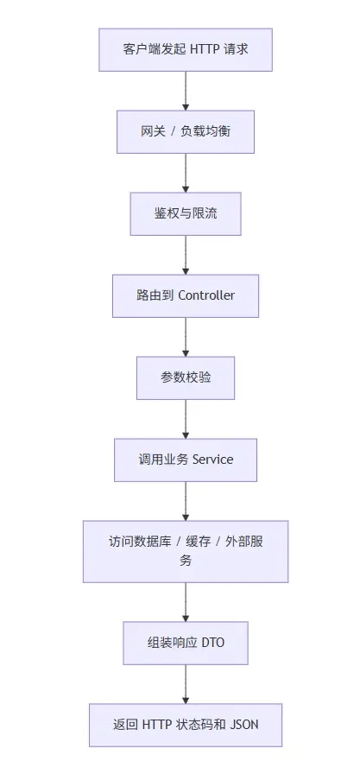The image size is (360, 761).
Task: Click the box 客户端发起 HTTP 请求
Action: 186,49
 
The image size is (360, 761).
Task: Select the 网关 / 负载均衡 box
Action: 186,131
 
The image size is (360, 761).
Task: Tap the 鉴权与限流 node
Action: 186,213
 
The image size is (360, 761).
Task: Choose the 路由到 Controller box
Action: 186,295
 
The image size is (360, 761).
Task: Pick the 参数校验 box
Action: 186,377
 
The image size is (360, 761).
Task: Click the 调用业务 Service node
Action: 186,460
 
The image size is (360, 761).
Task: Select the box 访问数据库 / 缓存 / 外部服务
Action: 186,551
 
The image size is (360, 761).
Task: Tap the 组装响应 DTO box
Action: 186,643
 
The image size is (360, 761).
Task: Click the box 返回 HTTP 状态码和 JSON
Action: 186,725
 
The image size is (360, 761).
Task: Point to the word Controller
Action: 206,295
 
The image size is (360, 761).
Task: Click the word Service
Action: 212,460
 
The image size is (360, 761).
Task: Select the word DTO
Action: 212,643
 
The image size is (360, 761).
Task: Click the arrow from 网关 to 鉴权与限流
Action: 186,173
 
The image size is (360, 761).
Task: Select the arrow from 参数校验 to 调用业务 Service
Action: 186,419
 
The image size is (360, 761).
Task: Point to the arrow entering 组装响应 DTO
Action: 186,602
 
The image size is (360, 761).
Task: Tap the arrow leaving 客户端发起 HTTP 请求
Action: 186,91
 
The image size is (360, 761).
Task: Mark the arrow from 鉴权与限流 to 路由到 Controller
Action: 186,255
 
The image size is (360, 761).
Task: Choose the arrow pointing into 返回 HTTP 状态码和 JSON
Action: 186,684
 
